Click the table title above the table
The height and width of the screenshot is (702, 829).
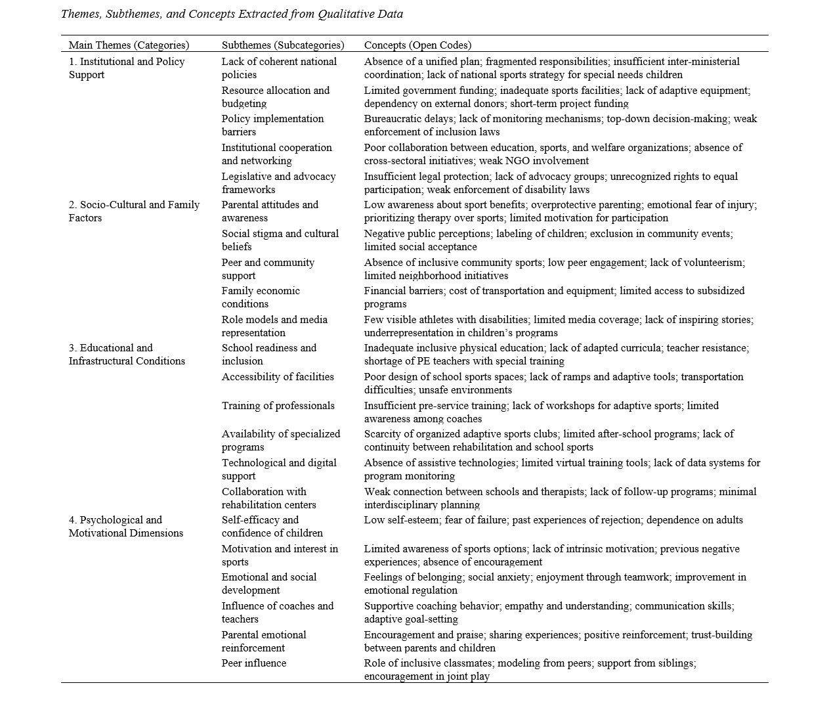(232, 14)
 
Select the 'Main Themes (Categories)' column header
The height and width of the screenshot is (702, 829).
(129, 45)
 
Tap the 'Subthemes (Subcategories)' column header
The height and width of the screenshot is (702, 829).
(283, 45)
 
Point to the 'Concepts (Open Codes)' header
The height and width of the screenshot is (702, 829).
(417, 45)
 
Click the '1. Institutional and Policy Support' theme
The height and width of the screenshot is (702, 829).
(127, 68)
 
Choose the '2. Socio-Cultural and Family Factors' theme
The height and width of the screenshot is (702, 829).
(134, 211)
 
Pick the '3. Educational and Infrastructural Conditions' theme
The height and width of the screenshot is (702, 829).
(127, 355)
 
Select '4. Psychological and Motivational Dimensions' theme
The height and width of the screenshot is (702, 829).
(126, 527)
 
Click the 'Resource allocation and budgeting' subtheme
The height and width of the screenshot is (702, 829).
(276, 97)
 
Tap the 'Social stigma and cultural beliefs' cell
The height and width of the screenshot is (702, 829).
(280, 240)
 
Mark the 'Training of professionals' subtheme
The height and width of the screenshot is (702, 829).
(278, 406)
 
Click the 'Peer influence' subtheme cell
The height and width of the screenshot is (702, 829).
(254, 663)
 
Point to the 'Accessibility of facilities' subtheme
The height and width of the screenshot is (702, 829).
(278, 377)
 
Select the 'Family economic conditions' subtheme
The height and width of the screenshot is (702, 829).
(261, 297)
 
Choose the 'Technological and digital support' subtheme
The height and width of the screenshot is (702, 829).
(279, 470)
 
